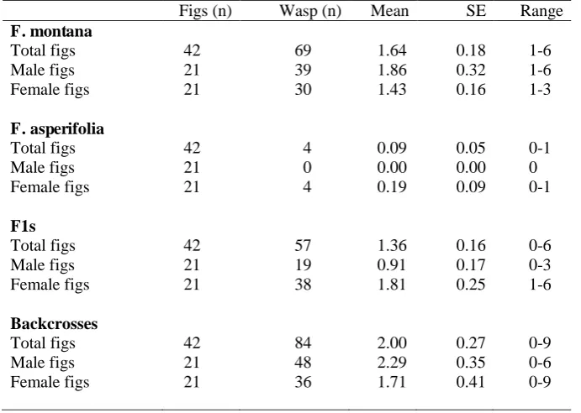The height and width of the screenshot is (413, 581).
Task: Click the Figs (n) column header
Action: tap(205, 11)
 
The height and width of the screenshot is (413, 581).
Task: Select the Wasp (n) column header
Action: tap(310, 11)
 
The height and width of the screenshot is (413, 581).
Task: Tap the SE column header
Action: tap(476, 10)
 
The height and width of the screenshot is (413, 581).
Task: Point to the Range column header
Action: tap(541, 12)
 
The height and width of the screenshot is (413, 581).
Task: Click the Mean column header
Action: tap(389, 10)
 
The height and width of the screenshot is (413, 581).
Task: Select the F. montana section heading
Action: tap(51, 31)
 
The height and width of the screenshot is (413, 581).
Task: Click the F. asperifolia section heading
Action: tap(57, 128)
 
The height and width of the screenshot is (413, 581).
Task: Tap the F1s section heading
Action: tap(23, 226)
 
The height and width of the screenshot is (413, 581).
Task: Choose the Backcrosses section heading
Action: tap(54, 323)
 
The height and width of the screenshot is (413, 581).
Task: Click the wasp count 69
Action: tap(303, 50)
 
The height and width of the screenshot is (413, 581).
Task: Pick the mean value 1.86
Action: tap(392, 70)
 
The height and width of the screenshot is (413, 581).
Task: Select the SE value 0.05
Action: tap(471, 148)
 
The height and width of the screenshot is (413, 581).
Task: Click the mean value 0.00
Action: tap(392, 167)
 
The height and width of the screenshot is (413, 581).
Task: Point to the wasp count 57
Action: tap(303, 245)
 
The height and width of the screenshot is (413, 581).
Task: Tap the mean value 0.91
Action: tap(392, 265)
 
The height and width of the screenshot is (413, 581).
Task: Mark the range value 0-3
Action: tap(540, 265)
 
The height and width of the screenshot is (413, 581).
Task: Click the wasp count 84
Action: tap(303, 342)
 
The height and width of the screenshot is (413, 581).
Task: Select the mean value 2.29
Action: tap(392, 363)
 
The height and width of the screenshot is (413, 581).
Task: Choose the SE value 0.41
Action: tap(471, 382)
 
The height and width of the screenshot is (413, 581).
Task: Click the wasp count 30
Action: tap(303, 90)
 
